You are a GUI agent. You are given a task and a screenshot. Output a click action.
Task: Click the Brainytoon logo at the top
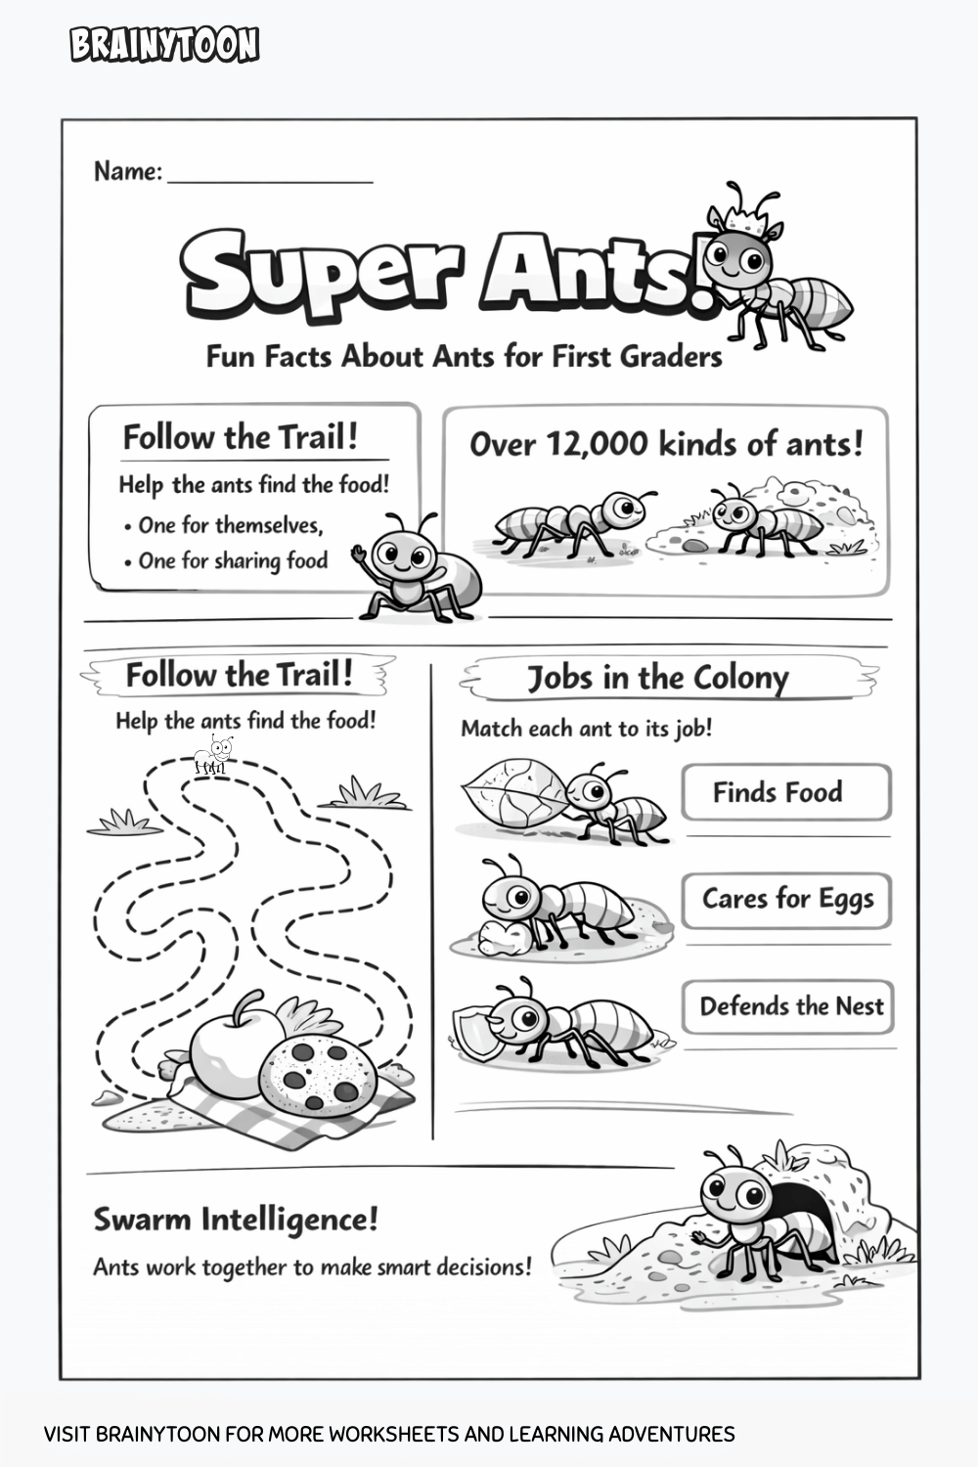164,45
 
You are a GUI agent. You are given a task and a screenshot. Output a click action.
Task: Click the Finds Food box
786,791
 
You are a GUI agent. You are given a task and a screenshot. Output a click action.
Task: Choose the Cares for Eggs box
786,900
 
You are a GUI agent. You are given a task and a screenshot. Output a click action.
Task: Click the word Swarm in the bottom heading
143,1220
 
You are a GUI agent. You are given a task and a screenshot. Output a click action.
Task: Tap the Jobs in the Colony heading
657,678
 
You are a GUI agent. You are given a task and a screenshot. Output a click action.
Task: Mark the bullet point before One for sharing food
128,562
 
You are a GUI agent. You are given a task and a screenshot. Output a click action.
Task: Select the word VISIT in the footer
67,1435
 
